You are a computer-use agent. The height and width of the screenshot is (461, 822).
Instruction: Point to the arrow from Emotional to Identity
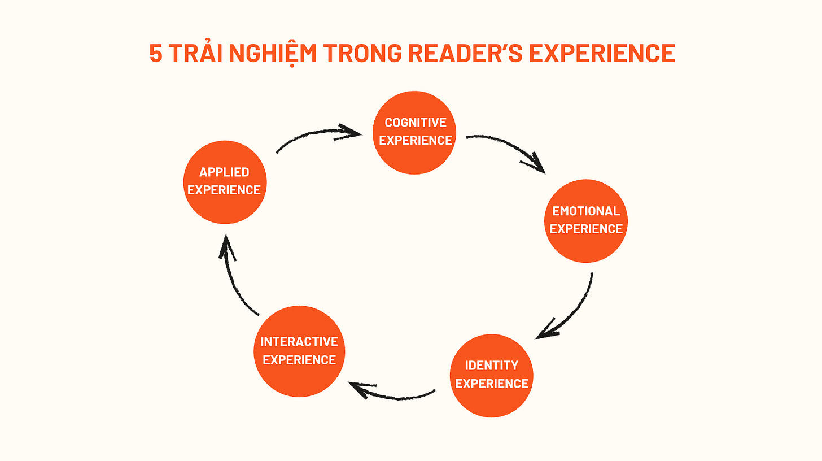(x=570, y=311)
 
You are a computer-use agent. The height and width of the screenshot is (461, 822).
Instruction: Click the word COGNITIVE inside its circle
(x=416, y=123)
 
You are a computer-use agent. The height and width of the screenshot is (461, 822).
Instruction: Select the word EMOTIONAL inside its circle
(x=586, y=211)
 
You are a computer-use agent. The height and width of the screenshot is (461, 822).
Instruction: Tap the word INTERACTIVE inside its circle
(x=299, y=342)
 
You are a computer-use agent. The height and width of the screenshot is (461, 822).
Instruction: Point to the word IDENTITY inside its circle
(x=491, y=366)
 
